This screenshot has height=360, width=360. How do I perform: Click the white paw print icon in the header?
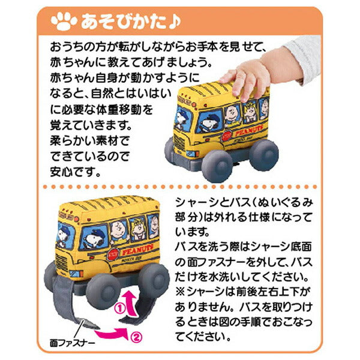64,22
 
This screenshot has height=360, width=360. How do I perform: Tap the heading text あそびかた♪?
131,22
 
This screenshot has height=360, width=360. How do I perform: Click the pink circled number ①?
119,309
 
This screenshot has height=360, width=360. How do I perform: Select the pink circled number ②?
136,337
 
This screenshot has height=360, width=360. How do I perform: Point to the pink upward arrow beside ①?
131,303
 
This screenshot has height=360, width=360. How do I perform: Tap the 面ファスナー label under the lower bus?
73,343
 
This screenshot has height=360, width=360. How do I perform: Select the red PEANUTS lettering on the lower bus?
137,250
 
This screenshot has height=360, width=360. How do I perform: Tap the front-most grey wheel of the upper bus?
217,166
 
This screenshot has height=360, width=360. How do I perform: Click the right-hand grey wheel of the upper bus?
264,154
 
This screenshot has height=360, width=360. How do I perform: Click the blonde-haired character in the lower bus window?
137,229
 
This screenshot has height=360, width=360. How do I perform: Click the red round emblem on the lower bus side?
113,254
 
